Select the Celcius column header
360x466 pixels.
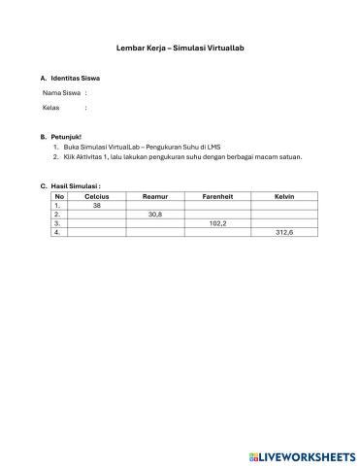click(x=97, y=197)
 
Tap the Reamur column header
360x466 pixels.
click(x=154, y=197)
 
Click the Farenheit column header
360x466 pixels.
click(x=216, y=197)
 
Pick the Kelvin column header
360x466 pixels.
click(x=284, y=197)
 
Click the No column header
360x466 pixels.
click(x=60, y=197)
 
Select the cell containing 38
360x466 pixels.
click(x=97, y=206)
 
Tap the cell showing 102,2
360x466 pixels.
click(x=216, y=223)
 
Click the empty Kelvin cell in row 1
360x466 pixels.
click(x=284, y=206)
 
